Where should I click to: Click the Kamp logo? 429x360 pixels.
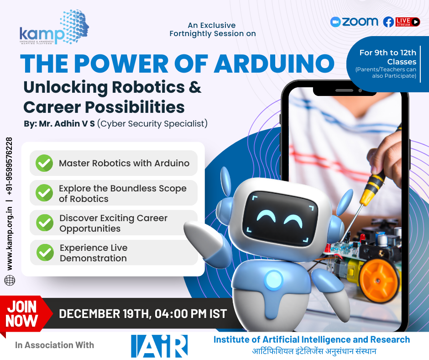54,27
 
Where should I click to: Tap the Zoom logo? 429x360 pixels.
354,21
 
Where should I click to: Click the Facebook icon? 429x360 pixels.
388,22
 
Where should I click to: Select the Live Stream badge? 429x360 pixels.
408,22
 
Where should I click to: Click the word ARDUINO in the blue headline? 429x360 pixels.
274,64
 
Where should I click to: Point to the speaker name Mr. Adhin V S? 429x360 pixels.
67,124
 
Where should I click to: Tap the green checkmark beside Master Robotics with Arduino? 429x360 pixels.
44,163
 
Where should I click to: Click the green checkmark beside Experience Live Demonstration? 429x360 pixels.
45,252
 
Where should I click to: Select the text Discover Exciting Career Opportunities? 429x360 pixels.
113,223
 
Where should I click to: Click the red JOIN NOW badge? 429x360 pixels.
24,314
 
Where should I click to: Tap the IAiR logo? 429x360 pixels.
159,346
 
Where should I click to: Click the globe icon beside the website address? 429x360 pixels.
10,281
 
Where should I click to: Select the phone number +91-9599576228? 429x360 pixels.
9,166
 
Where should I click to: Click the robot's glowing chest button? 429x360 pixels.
273,280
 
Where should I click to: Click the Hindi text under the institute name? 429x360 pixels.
314,351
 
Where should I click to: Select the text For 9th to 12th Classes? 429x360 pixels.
387,57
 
